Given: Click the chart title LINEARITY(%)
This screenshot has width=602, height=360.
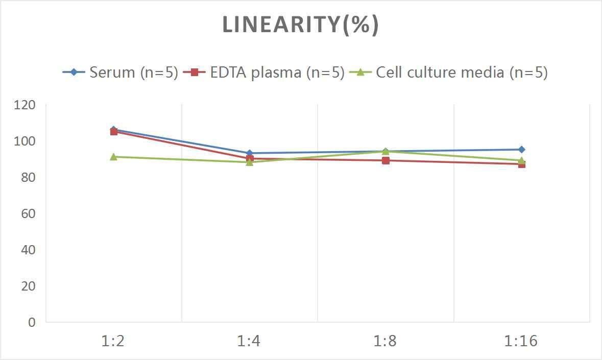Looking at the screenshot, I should point(300,25).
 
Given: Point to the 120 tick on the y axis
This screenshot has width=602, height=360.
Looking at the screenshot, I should point(25,105).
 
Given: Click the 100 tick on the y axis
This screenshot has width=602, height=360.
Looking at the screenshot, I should point(25,141).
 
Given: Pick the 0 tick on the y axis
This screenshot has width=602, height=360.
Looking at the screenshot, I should point(32,322).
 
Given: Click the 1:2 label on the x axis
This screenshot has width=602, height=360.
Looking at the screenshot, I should point(113,341).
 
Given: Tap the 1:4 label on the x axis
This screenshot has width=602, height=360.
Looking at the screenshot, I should point(249,341).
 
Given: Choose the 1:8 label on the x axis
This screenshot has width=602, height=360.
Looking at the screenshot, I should point(386,341).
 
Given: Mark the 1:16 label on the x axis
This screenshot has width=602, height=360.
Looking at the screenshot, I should point(521,341).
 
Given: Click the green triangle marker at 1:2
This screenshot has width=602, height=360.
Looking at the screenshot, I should point(113,157).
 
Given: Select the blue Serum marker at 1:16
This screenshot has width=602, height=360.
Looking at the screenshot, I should point(521,150).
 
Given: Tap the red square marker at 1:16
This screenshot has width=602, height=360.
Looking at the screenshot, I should point(521,164).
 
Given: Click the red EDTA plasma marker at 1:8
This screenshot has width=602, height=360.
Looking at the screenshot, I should point(386,160).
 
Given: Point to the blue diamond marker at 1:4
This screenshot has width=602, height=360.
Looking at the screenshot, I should point(249,153).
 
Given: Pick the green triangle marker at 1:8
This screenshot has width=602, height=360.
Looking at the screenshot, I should point(386,151).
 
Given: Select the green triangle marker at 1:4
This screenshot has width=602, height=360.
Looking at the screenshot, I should point(249,162).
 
